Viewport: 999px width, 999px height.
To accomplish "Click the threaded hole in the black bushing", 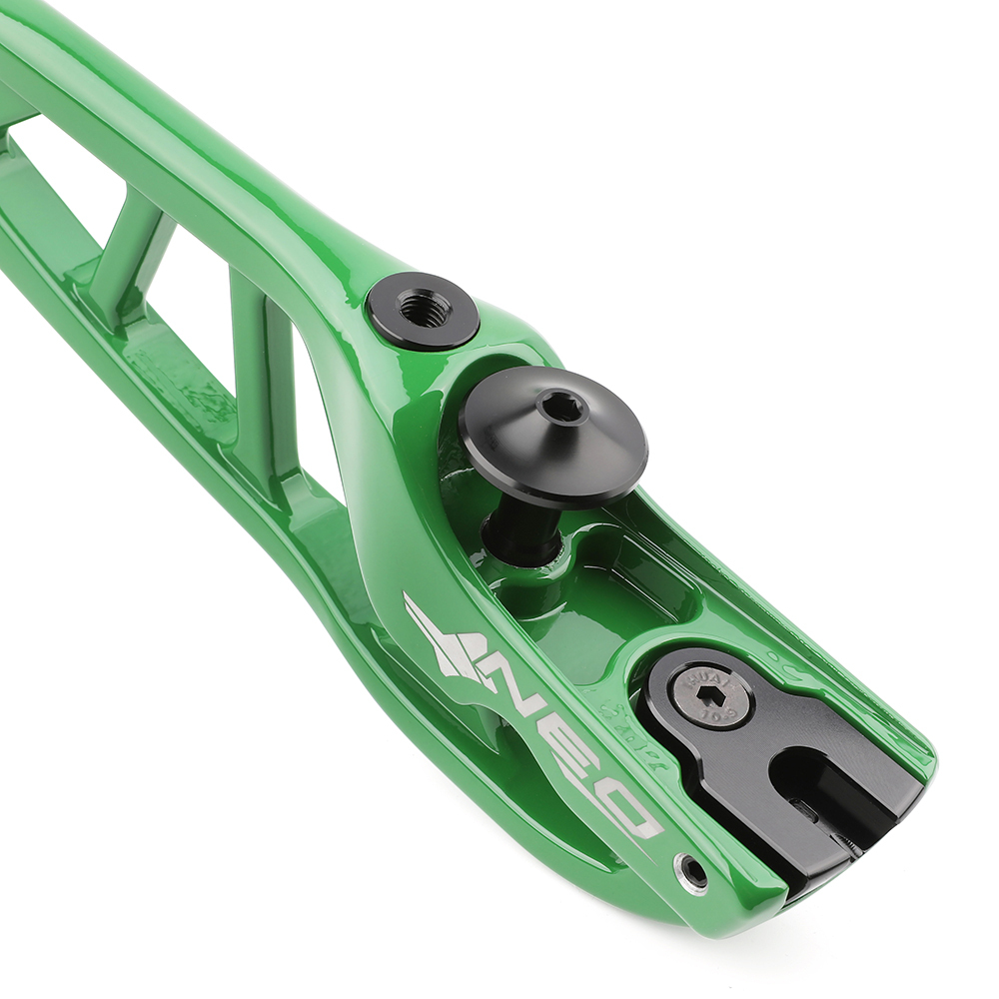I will (x=424, y=308).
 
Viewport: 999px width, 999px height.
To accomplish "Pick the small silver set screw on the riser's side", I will (x=691, y=872).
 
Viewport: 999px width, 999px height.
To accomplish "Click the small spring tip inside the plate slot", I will (x=849, y=844).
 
